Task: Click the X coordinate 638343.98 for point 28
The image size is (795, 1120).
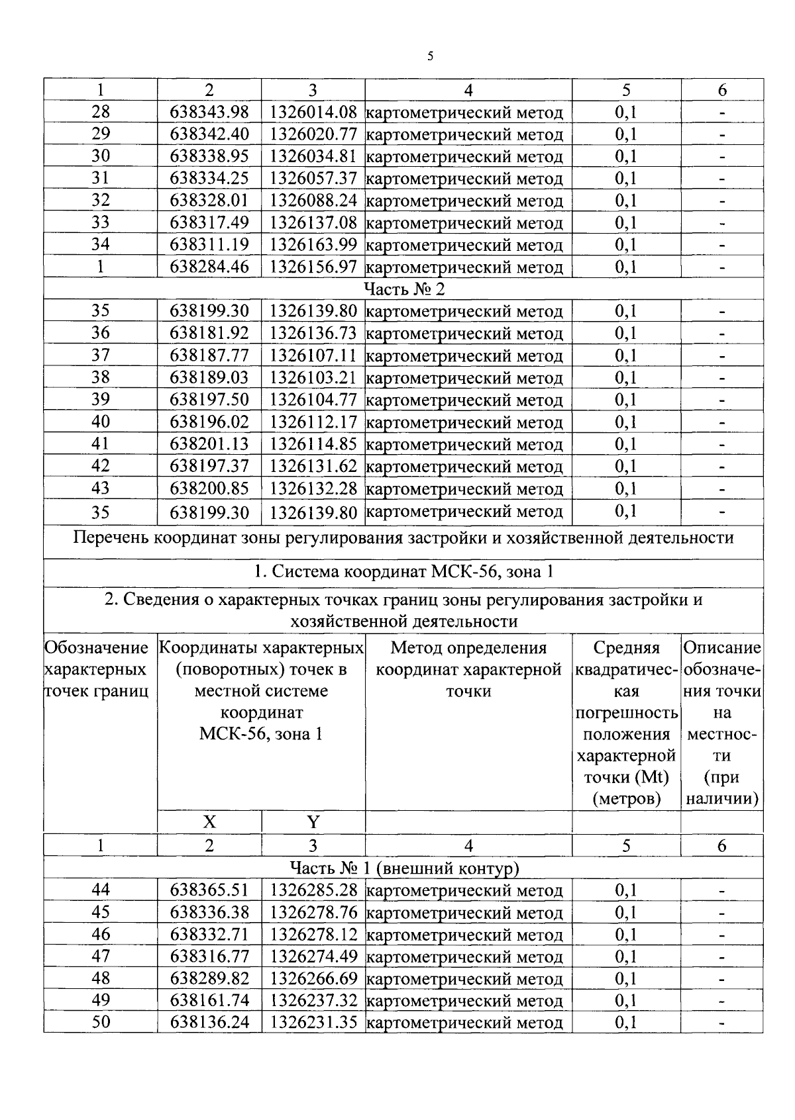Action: pos(209,113)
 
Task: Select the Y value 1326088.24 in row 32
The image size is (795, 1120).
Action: pos(313,201)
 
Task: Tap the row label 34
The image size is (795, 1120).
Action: pos(100,244)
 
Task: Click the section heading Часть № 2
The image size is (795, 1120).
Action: pos(403,289)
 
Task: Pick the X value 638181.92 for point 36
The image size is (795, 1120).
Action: pos(209,333)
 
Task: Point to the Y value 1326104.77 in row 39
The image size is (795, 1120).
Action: pos(313,400)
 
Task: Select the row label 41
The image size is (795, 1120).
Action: pos(100,443)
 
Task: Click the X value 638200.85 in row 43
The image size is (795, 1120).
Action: pos(209,489)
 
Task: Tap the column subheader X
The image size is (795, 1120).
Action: pos(209,821)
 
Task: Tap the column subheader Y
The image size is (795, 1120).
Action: pos(313,821)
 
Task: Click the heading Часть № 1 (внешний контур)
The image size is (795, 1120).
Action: pos(403,868)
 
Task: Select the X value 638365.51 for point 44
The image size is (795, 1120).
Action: pos(209,890)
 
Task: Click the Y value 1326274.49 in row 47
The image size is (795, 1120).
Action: pos(313,957)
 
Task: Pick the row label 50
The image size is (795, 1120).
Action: pos(100,1022)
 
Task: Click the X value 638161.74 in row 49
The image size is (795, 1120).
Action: pos(209,1000)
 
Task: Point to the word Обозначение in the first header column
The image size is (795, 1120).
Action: pos(96,647)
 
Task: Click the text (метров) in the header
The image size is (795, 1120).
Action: pos(627,799)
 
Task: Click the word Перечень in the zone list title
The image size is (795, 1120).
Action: pos(110,537)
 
